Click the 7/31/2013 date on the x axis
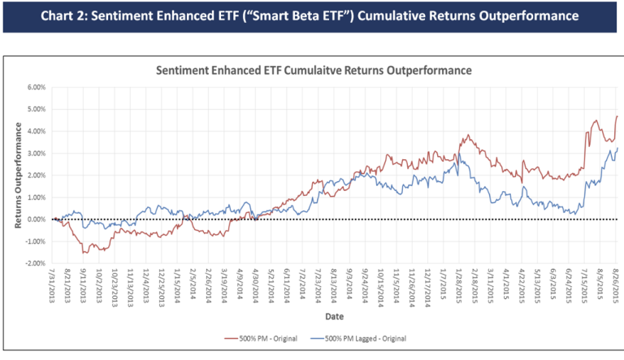click(54, 289)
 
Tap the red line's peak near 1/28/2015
click(467, 135)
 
